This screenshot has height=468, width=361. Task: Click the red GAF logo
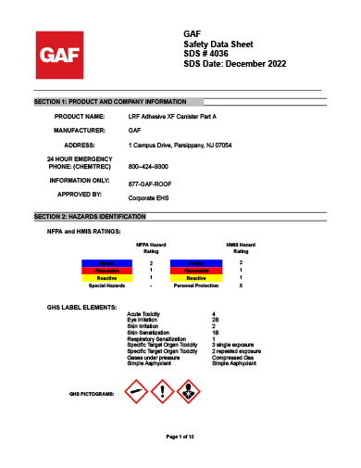[56, 54]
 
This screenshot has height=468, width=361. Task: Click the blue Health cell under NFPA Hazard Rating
[108, 263]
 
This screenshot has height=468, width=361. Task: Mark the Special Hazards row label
[106, 285]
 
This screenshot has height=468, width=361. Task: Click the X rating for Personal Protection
[241, 285]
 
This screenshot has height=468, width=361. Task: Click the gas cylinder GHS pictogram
[136, 390]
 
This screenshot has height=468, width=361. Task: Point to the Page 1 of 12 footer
[180, 436]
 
